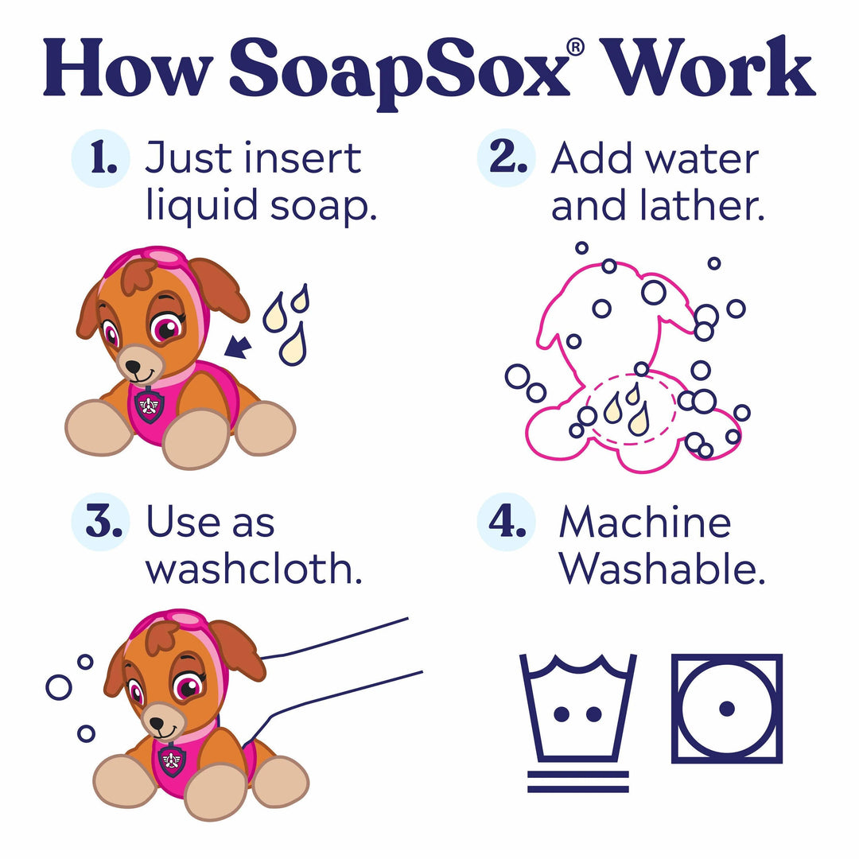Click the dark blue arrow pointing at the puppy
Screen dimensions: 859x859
(238, 346)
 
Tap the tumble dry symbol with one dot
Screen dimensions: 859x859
(726, 708)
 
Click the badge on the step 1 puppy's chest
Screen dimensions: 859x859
(150, 406)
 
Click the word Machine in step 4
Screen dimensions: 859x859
(644, 523)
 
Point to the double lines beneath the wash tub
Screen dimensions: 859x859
(577, 781)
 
